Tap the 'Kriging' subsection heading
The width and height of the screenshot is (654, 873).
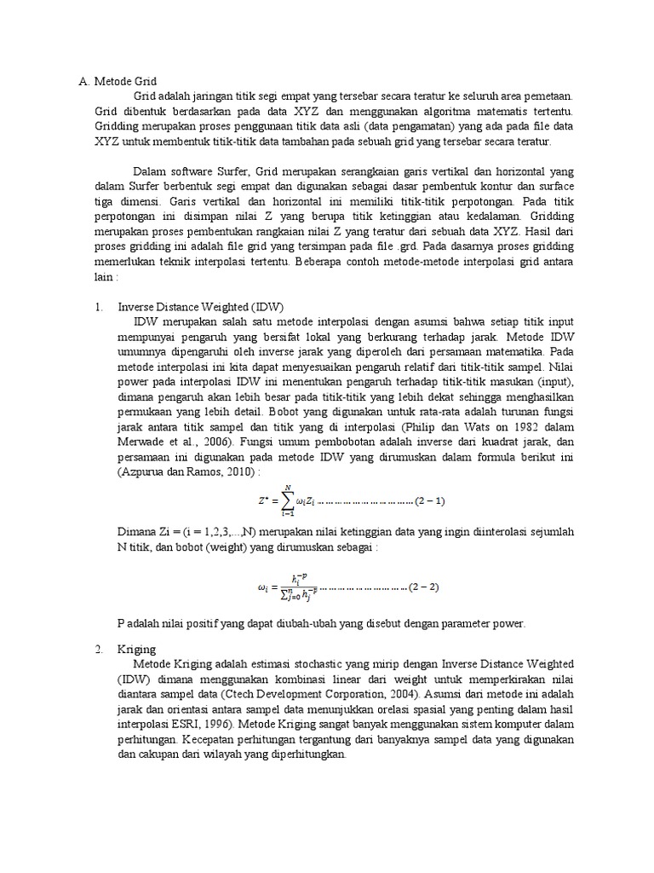pyautogui.click(x=137, y=649)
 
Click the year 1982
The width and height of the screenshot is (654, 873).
pyautogui.click(x=538, y=427)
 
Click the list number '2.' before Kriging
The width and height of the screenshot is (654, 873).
pyautogui.click(x=99, y=649)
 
